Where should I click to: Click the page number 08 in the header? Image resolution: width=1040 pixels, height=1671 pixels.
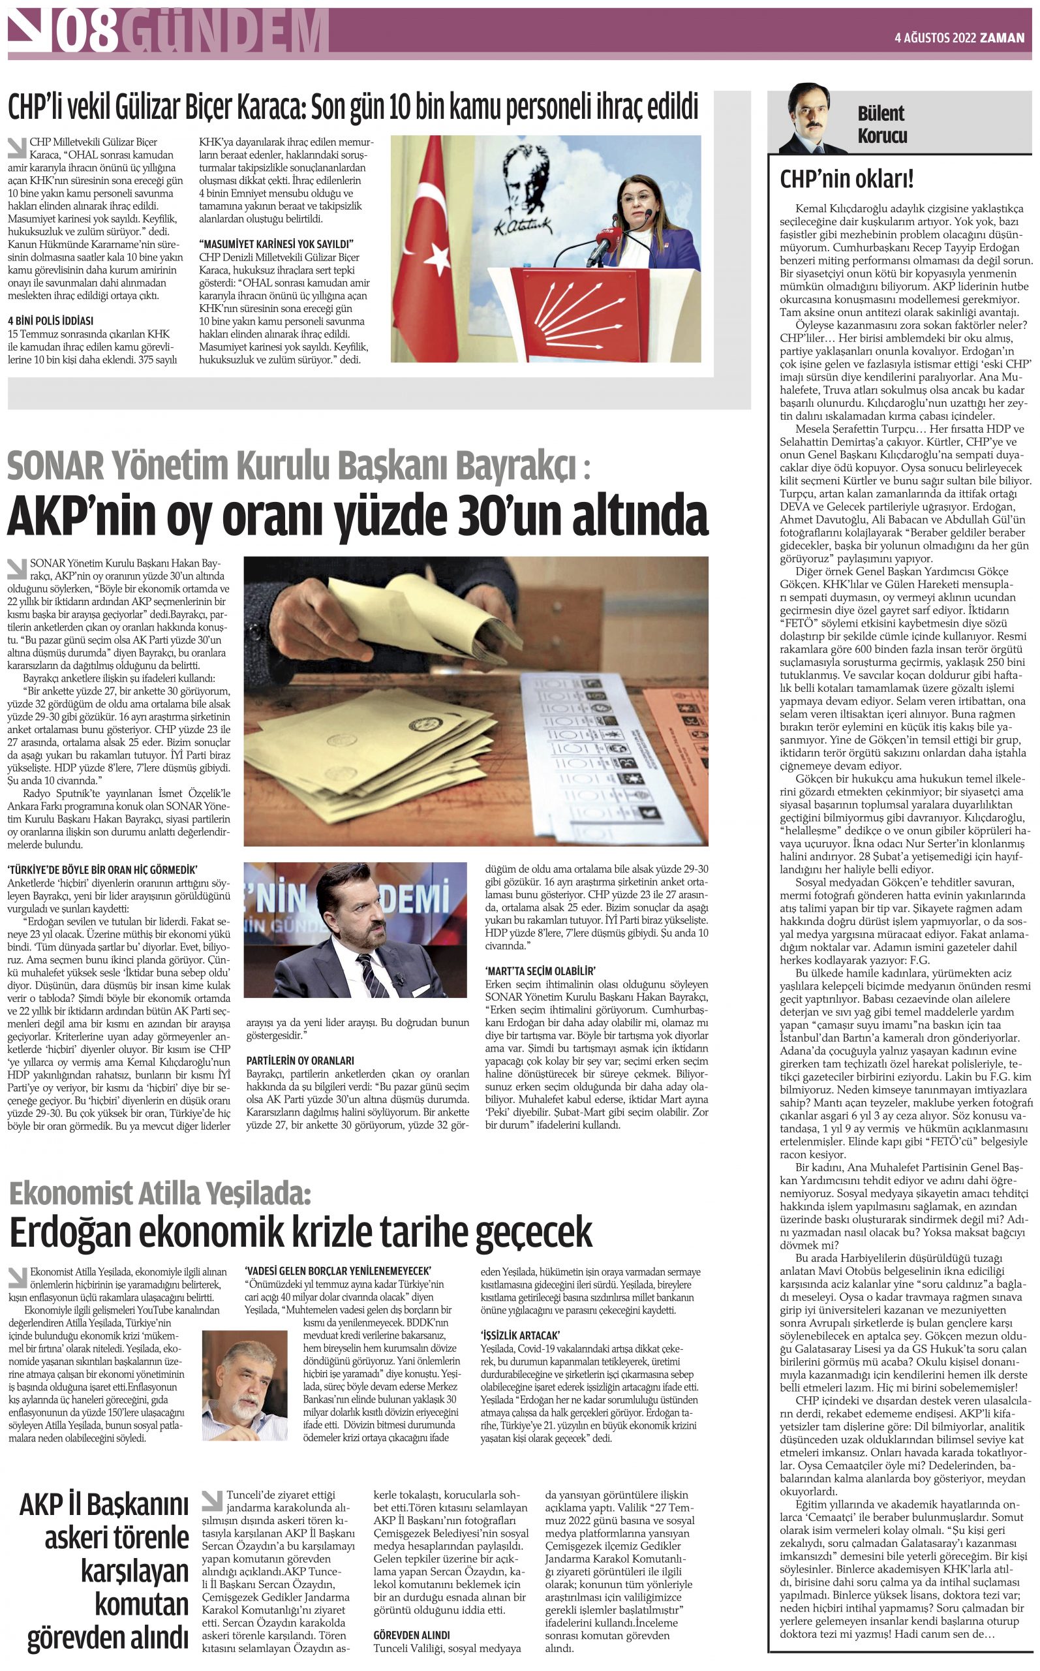coord(87,33)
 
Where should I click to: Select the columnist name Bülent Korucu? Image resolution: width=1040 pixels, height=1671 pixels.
coord(882,125)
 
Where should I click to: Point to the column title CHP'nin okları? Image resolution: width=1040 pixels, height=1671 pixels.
coord(846,179)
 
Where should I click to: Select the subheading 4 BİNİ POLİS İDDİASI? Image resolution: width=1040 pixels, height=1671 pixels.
coord(50,320)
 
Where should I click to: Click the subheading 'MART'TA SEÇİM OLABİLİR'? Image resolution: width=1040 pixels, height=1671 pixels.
coord(540,971)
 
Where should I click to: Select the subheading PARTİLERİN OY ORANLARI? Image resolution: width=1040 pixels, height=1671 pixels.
coord(300,1061)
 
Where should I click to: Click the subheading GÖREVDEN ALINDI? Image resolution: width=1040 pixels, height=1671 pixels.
coord(411,1635)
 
